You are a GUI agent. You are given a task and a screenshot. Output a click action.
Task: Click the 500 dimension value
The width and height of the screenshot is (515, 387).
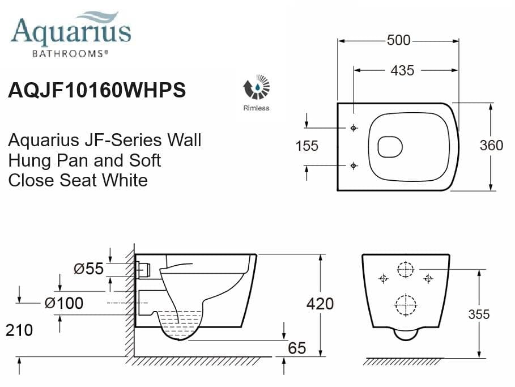click(398, 41)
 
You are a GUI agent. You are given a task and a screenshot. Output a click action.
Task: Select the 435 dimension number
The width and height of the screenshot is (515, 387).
click(402, 70)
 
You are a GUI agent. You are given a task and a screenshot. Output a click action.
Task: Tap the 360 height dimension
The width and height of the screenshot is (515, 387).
click(491, 146)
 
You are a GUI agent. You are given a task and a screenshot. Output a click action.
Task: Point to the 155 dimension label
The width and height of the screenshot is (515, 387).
click(307, 146)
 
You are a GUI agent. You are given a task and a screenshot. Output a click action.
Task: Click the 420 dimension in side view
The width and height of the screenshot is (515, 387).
click(320, 304)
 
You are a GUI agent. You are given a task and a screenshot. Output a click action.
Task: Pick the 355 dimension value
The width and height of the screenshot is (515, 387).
click(479, 314)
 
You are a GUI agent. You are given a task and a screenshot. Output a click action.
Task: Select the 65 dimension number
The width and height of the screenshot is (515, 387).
click(297, 348)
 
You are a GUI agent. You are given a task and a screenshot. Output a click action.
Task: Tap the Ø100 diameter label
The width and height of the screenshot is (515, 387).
click(63, 303)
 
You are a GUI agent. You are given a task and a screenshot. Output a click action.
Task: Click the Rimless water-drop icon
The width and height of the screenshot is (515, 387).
click(257, 88)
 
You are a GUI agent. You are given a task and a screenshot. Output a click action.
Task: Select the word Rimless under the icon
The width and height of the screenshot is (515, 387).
click(257, 108)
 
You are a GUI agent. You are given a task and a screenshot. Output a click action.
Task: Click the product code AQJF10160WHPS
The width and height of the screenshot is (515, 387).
click(97, 91)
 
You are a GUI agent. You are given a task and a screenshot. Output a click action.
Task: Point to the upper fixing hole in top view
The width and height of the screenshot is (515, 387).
click(354, 127)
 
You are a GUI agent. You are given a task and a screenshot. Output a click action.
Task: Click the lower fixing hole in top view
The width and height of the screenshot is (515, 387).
click(354, 165)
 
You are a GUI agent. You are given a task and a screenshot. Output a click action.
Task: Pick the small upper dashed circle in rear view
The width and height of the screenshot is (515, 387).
click(406, 270)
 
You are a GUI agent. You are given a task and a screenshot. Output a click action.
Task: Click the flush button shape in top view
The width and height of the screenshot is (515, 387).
click(389, 147)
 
